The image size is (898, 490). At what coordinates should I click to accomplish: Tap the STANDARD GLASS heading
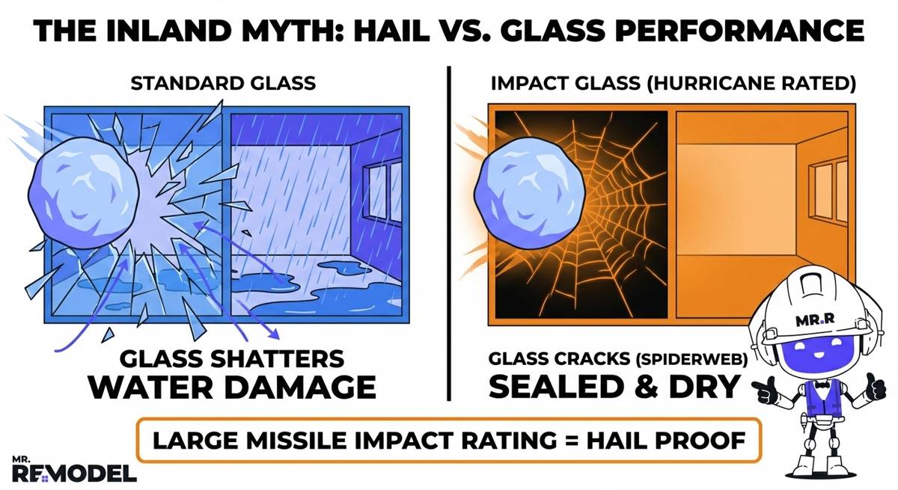(x=223, y=83)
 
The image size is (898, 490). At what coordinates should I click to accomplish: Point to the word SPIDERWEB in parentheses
(x=700, y=358)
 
